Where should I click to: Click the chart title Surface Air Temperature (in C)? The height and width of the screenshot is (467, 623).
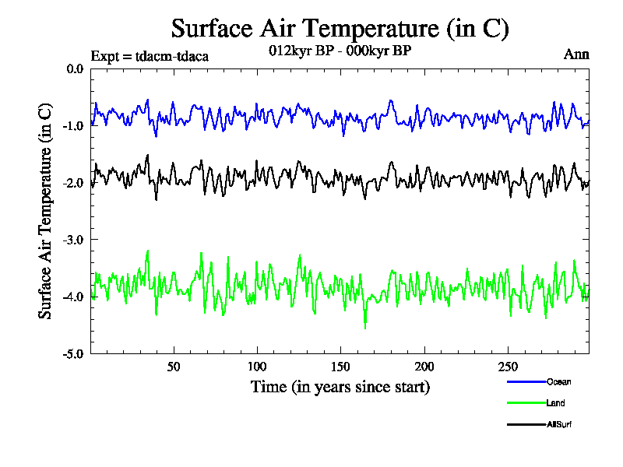[x=340, y=29]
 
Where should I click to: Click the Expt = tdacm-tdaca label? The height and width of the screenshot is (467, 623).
[x=150, y=56]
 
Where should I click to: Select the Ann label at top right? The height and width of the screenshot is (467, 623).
[x=576, y=54]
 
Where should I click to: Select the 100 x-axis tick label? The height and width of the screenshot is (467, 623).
[x=257, y=367]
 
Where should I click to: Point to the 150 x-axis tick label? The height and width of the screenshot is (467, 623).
[x=340, y=367]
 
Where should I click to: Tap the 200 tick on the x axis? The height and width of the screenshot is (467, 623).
[x=424, y=367]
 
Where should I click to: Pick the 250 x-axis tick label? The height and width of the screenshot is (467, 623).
[x=507, y=367]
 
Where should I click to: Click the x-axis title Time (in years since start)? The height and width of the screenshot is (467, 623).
[x=340, y=386]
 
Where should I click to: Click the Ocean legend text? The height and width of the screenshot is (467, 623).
[x=558, y=382]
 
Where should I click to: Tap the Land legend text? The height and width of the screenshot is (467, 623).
[x=555, y=403]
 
